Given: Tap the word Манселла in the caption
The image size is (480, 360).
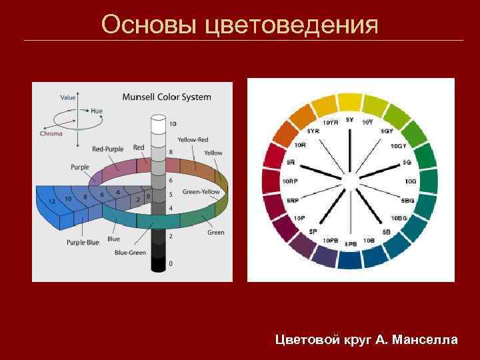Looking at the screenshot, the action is coord(425,340).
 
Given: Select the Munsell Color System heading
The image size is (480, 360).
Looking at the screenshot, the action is coord(167,97).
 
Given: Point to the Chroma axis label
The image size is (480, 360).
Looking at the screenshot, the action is coord(51,133).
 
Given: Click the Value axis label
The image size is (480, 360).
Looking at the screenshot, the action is coord(68,97).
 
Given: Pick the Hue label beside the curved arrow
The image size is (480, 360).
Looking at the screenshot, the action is coord(97,111).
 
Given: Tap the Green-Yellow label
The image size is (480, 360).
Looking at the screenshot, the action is coord(201,192).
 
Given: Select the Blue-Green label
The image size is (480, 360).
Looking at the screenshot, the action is coord(130,253).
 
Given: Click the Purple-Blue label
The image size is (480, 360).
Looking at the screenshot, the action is coord(82,242).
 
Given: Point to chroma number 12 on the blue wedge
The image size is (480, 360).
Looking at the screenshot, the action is coord(51,201).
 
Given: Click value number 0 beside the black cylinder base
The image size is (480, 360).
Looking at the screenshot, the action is coord(171,263).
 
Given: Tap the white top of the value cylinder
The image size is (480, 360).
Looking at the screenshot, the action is coord(158,119).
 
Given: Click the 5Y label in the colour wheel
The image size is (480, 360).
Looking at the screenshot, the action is coord(350,120).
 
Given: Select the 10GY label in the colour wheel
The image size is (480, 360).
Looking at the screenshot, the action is coord(398,145).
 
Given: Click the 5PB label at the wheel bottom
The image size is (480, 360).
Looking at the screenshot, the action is coord(351,244).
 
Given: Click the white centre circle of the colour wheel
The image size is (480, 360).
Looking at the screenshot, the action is coord(349,181).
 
